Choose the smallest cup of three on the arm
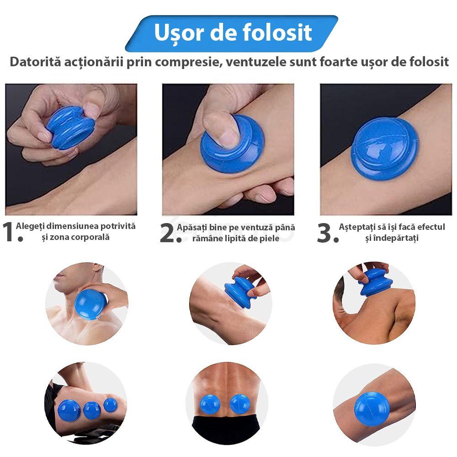point(110,404)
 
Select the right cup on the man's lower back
point(239,404)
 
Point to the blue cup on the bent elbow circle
point(372,407)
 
